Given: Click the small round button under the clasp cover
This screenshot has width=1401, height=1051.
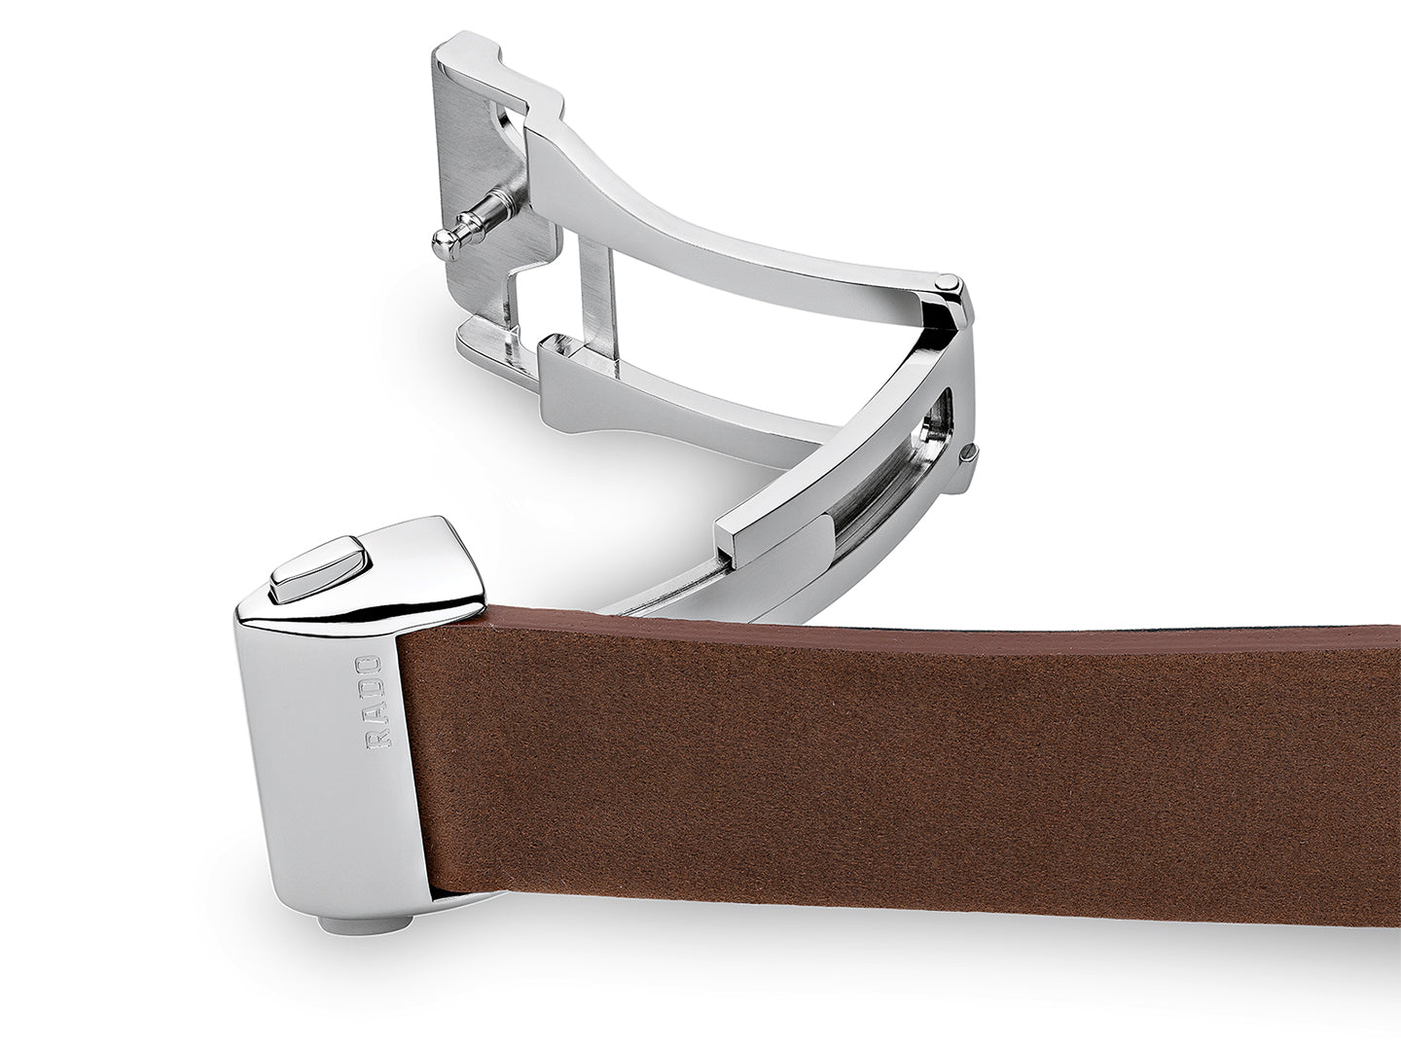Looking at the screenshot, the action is [x=366, y=924].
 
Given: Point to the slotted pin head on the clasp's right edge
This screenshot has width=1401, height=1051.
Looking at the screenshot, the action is [x=969, y=454].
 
